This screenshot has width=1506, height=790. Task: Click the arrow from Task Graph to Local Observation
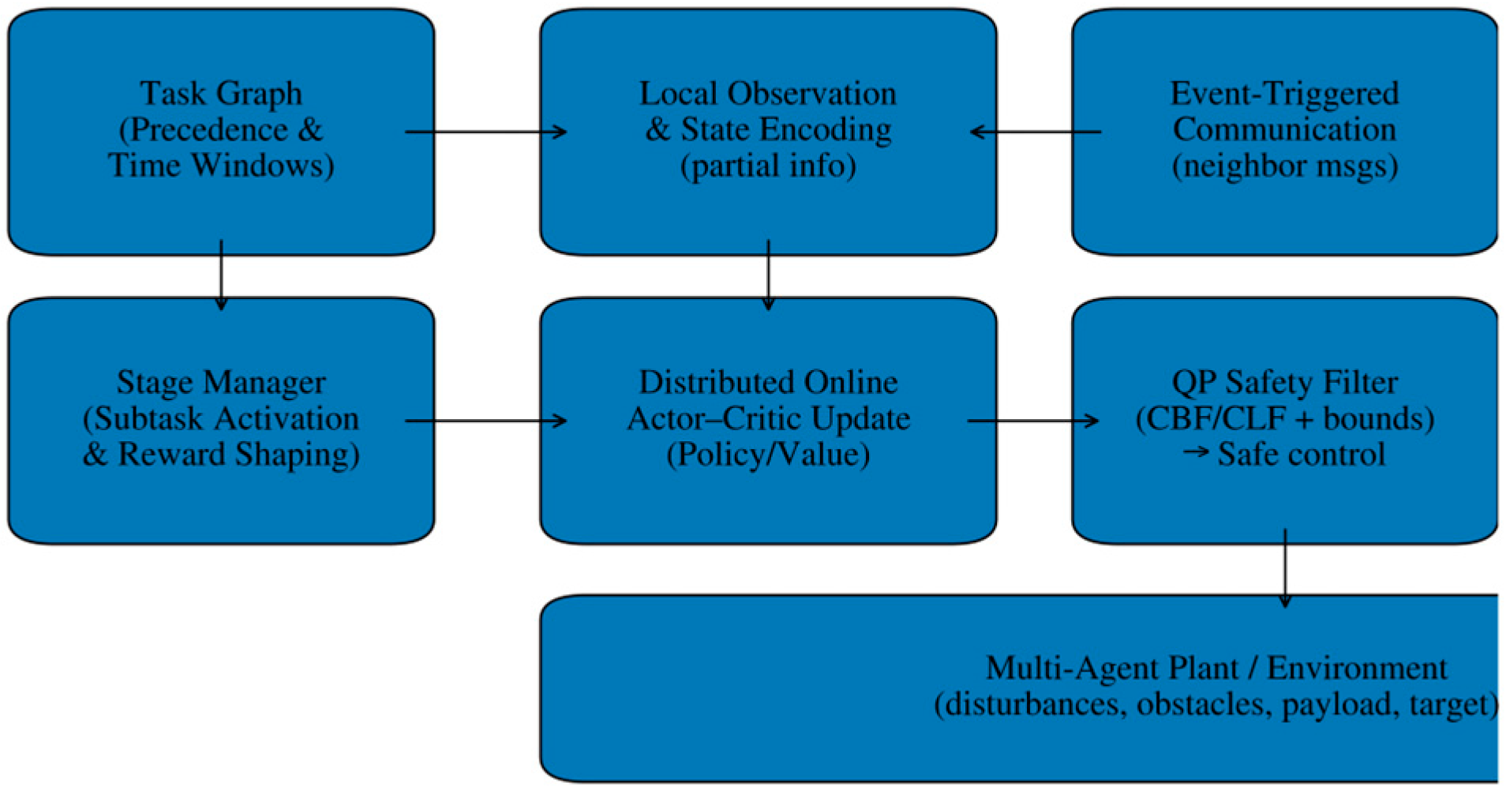point(485,132)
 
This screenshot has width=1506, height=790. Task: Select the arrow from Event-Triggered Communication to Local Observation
point(1035,132)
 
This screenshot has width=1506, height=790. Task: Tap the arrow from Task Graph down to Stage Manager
point(221,275)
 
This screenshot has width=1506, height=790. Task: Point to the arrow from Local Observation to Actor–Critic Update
point(768,275)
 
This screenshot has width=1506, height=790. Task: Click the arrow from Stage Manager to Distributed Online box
point(485,421)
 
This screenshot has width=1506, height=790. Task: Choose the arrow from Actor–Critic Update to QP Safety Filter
point(1032,421)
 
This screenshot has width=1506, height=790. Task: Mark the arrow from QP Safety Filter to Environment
point(1285,568)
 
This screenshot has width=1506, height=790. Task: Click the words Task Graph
point(221,93)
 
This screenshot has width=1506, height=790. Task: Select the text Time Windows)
point(221,166)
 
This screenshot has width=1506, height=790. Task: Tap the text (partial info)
point(768,166)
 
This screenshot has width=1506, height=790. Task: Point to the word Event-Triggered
point(1284,93)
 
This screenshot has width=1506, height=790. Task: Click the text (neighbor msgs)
point(1284,166)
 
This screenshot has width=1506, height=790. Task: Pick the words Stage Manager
point(221,383)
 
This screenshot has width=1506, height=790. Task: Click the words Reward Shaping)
point(239,455)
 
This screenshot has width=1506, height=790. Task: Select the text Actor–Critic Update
point(768,419)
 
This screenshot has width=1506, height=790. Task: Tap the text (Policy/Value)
point(768,455)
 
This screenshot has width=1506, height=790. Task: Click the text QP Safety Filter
point(1284,383)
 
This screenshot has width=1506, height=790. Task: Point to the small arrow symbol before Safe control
point(1197,452)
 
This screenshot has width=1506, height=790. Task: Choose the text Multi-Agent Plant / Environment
point(1216,668)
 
